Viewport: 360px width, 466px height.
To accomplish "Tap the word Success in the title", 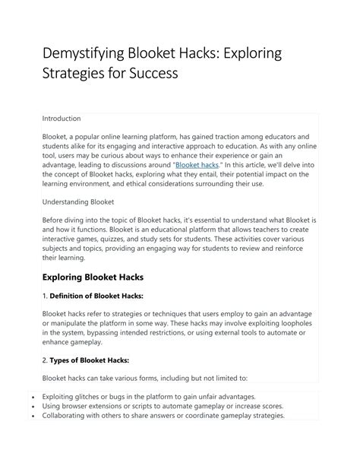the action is click(156, 74).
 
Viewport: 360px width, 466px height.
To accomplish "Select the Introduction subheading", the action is click(62, 119).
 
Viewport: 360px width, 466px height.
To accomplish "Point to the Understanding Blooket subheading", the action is click(78, 202).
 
